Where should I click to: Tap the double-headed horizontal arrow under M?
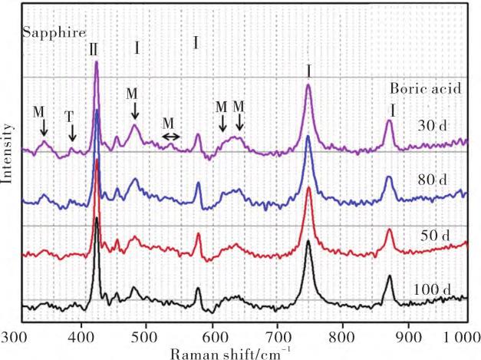[x=171, y=137]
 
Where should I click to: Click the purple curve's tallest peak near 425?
[x=97, y=63]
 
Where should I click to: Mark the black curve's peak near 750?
[x=308, y=243]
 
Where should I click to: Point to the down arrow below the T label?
[x=72, y=132]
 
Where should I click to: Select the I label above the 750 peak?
[x=308, y=71]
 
